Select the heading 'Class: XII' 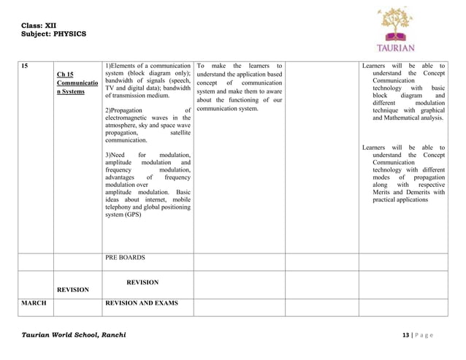coord(38,25)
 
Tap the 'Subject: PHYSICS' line coord(53,34)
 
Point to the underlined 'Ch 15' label coord(65,75)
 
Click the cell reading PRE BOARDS coord(126,258)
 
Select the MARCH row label coord(34,302)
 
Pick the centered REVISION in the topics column coord(142,282)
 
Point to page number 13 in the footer coord(406,334)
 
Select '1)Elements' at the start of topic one coord(121,66)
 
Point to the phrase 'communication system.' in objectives coord(228,108)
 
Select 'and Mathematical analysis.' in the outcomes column coord(408,117)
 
